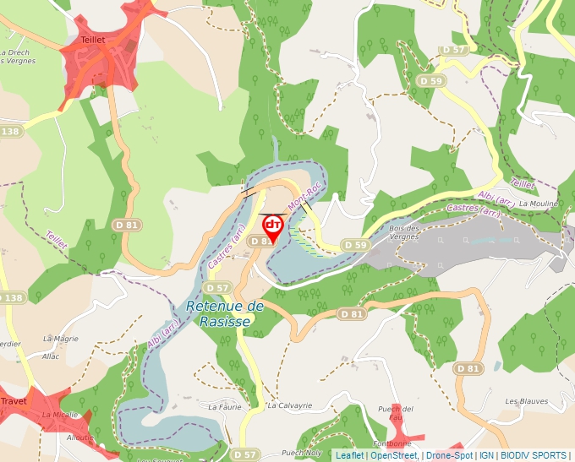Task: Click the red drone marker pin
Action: point(273,226)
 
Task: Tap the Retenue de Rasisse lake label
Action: point(225,313)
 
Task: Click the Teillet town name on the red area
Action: point(93,40)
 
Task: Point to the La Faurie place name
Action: point(225,406)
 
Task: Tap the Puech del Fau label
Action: point(396,413)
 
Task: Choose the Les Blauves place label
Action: point(527,401)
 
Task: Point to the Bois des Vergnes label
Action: point(403,232)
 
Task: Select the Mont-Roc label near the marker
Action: point(304,198)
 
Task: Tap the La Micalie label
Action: point(60,415)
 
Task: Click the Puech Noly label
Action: point(301,452)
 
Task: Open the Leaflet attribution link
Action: point(349,455)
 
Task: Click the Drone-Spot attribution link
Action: point(449,455)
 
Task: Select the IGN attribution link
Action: point(487,455)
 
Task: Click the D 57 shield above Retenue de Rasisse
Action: point(217,288)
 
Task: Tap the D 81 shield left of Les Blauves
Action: point(467,368)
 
